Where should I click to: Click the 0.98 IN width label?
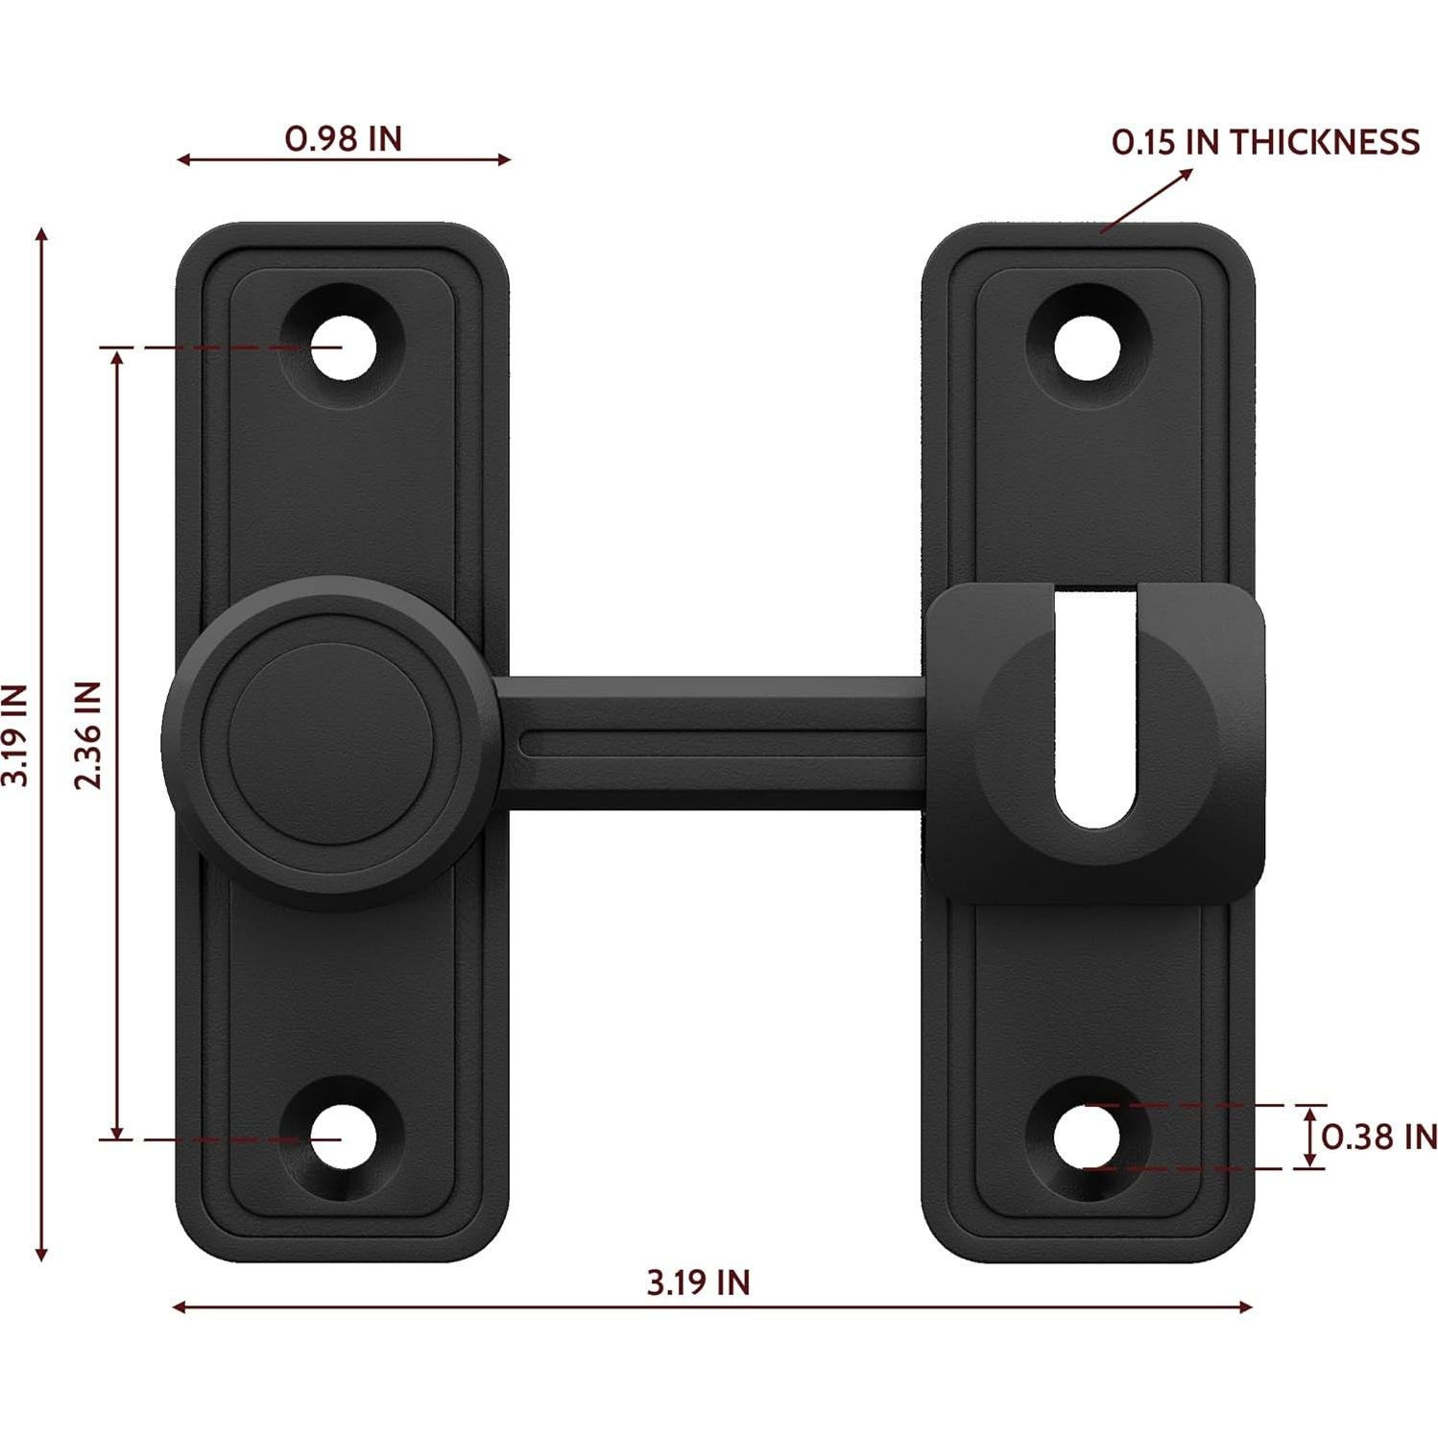tap(343, 139)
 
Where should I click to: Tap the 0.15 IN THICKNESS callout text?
tap(1264, 142)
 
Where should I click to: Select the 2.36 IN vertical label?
tap(88, 735)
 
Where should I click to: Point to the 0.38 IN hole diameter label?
tap(1378, 1137)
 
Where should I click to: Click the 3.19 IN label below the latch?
tap(698, 1282)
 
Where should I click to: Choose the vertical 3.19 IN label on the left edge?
tap(16, 735)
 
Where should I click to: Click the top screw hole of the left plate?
tap(341, 347)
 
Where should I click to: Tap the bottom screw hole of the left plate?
tap(341, 1138)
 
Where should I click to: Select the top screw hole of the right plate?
tap(1088, 347)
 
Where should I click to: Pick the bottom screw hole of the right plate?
tap(1088, 1138)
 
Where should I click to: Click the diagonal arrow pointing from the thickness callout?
tap(1146, 201)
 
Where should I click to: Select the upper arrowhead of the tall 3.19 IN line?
tap(40, 236)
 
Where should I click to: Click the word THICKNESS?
tap(1325, 142)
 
